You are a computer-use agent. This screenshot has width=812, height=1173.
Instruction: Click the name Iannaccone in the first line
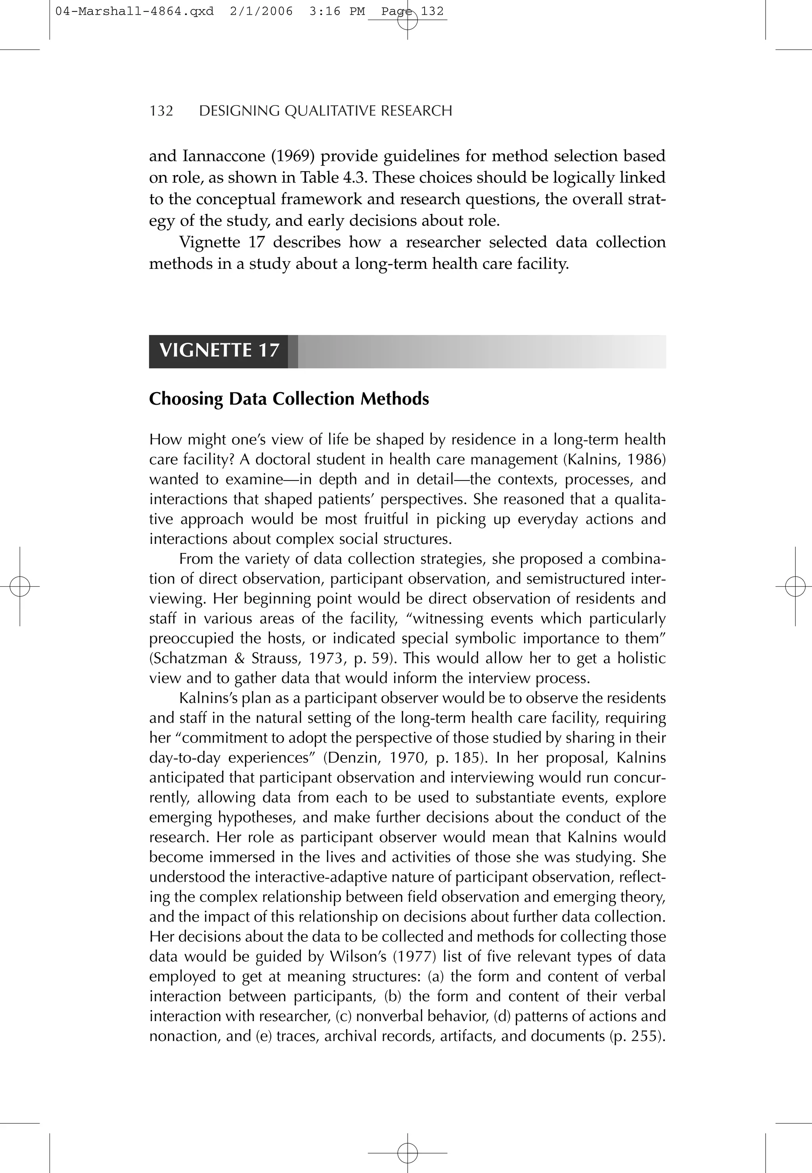click(222, 156)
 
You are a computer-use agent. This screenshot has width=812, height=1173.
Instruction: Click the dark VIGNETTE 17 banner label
click(219, 350)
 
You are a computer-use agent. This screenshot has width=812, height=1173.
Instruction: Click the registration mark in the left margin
click(20, 587)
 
